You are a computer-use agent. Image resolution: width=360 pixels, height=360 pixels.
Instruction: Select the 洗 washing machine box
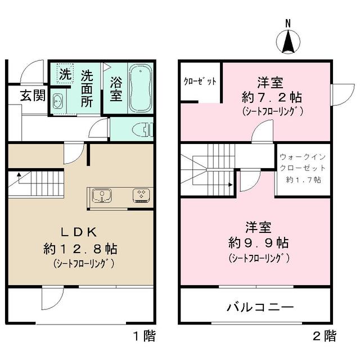click(65, 74)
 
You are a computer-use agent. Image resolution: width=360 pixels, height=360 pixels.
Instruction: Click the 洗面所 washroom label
click(87, 88)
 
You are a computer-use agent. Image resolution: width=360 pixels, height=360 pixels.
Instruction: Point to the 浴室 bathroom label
click(115, 89)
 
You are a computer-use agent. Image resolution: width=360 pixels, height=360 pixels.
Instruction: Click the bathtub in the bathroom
click(140, 88)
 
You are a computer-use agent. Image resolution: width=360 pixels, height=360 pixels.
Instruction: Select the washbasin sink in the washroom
click(58, 101)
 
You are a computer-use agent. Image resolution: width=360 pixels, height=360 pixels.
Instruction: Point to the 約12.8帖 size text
click(80, 248)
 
